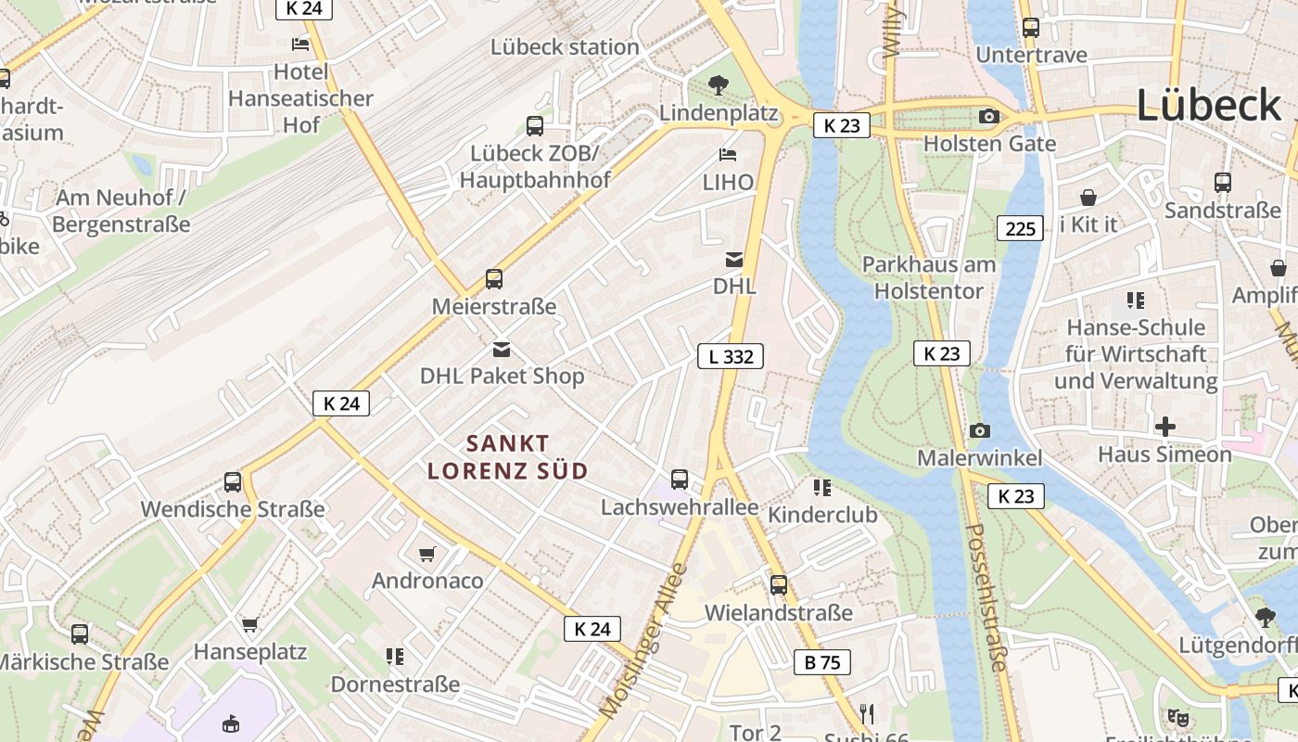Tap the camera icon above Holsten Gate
[989, 116]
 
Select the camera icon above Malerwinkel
[979, 430]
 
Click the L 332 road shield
[731, 356]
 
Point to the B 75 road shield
[821, 662]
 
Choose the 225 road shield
[1020, 228]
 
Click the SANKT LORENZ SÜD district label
[508, 457]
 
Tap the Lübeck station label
[565, 46]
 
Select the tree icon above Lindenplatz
[718, 85]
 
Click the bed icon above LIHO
[728, 155]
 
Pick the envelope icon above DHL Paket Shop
[502, 349]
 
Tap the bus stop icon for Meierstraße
[494, 278]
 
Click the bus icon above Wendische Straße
[233, 482]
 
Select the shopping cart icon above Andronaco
[427, 554]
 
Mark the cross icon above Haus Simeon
[1164, 427]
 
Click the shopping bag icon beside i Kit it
[1088, 198]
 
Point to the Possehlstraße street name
[986, 597]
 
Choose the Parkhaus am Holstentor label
[929, 278]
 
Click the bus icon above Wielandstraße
[779, 585]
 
